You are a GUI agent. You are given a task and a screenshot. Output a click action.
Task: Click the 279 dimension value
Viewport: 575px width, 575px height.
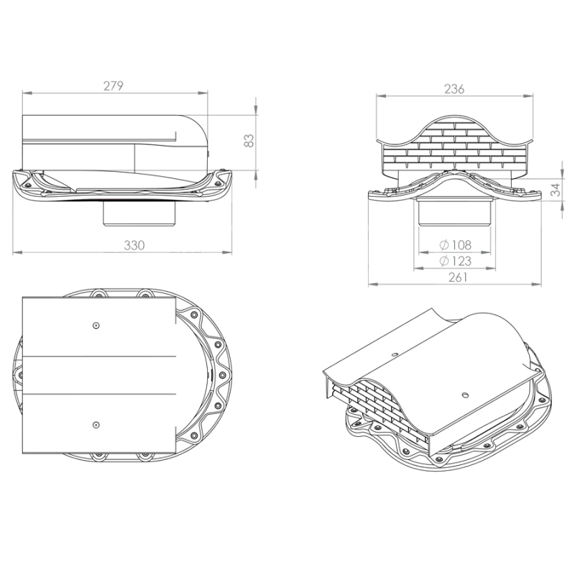114,86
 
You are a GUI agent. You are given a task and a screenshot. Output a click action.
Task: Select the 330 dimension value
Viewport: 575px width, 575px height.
134,245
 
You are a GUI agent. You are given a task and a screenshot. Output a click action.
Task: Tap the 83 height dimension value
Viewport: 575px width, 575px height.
249,140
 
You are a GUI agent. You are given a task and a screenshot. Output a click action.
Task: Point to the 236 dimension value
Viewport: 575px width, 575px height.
454,88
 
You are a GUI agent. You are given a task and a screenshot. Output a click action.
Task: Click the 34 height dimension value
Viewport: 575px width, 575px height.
556,190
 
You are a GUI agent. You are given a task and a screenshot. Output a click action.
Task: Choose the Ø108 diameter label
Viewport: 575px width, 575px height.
455,244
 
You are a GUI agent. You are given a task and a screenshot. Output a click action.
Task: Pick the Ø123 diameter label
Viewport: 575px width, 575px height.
455,261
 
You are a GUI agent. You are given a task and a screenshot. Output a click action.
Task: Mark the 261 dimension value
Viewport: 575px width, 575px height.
458,277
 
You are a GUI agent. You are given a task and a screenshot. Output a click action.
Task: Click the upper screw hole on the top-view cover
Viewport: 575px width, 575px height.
96,326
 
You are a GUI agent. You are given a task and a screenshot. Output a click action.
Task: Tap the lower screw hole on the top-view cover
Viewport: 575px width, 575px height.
96,425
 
